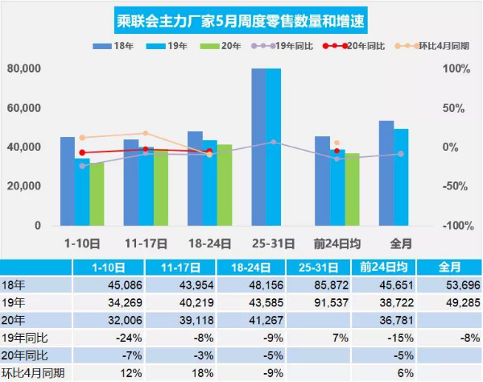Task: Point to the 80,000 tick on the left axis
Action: pyautogui.click(x=25, y=69)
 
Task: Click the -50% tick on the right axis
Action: pyautogui.click(x=457, y=186)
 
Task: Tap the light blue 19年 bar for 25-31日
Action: pyautogui.click(x=275, y=147)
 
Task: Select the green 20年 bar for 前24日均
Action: pyautogui.click(x=352, y=189)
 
